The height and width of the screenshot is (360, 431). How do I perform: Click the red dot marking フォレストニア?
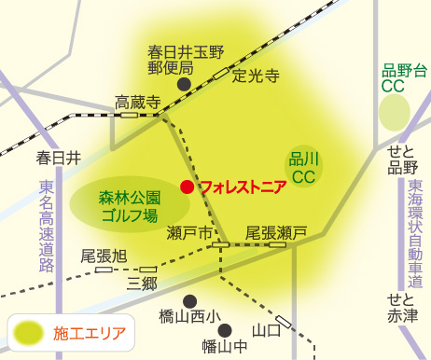pyautogui.click(x=187, y=187)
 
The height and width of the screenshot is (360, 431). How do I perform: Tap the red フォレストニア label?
pyautogui.click(x=243, y=186)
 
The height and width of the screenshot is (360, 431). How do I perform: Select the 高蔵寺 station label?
pyautogui.click(x=137, y=101)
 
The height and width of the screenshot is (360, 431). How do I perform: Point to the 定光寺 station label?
pyautogui.click(x=256, y=76)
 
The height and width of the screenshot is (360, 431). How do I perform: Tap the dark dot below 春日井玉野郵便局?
pyautogui.click(x=185, y=83)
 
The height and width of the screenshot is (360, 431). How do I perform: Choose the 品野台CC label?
pyautogui.click(x=403, y=77)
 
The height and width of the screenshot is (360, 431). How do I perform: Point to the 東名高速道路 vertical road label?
pyautogui.click(x=47, y=227)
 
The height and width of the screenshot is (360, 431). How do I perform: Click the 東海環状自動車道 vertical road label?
pyautogui.click(x=414, y=227)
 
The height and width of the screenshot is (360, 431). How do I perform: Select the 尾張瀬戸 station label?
pyautogui.click(x=276, y=232)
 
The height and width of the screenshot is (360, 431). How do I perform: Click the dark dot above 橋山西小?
pyautogui.click(x=190, y=300)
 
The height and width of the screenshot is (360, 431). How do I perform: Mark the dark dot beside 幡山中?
pyautogui.click(x=224, y=329)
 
